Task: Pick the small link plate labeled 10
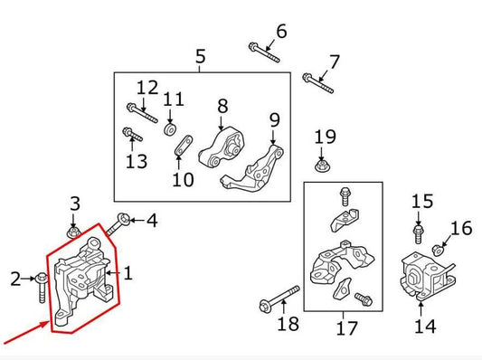coord(182,147)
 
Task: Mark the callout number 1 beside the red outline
coord(128,271)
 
